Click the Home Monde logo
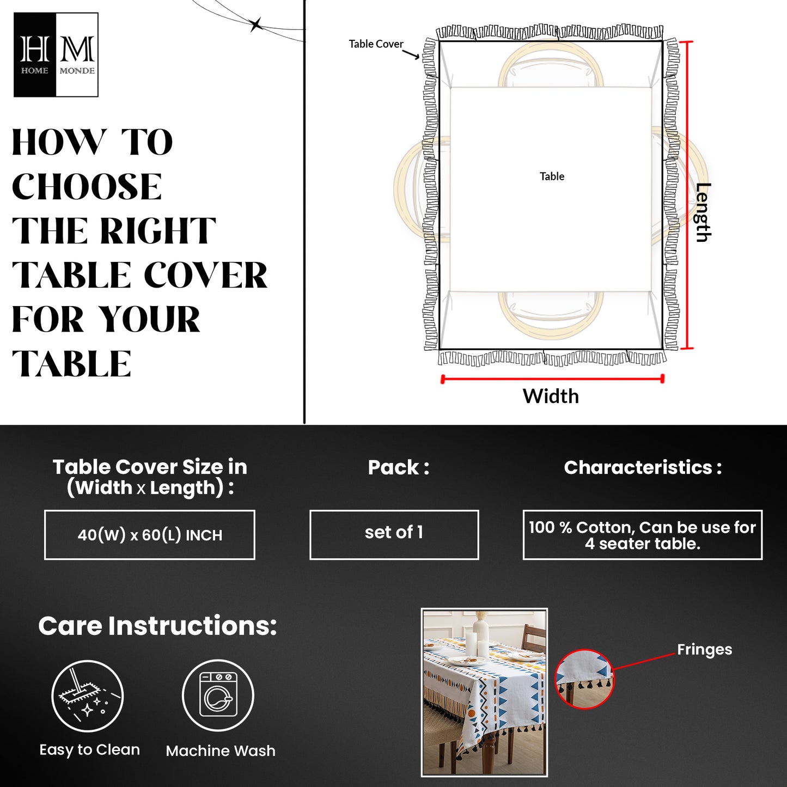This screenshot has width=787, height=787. pyautogui.click(x=56, y=55)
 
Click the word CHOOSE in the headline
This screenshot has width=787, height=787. pyautogui.click(x=87, y=187)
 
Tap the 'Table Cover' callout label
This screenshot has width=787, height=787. pyautogui.click(x=376, y=44)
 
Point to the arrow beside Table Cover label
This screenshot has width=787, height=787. pyautogui.click(x=411, y=54)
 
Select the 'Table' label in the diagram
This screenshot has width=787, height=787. pyautogui.click(x=552, y=176)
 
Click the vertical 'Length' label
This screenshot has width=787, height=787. pyautogui.click(x=703, y=212)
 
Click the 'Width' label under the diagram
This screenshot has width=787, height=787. pyautogui.click(x=551, y=396)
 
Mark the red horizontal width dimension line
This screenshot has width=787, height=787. pyautogui.click(x=552, y=379)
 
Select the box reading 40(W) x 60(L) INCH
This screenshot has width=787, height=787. pyautogui.click(x=150, y=535)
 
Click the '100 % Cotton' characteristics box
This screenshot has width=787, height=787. pyautogui.click(x=642, y=535)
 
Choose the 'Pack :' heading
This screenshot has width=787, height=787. pyautogui.click(x=398, y=467)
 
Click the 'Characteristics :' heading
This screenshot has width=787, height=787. pyautogui.click(x=643, y=467)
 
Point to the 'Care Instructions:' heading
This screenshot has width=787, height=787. pyautogui.click(x=157, y=626)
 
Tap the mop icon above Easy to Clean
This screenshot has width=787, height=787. pyautogui.click(x=88, y=696)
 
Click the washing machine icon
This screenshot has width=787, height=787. pyautogui.click(x=218, y=696)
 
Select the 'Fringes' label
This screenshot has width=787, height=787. pyautogui.click(x=704, y=649)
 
